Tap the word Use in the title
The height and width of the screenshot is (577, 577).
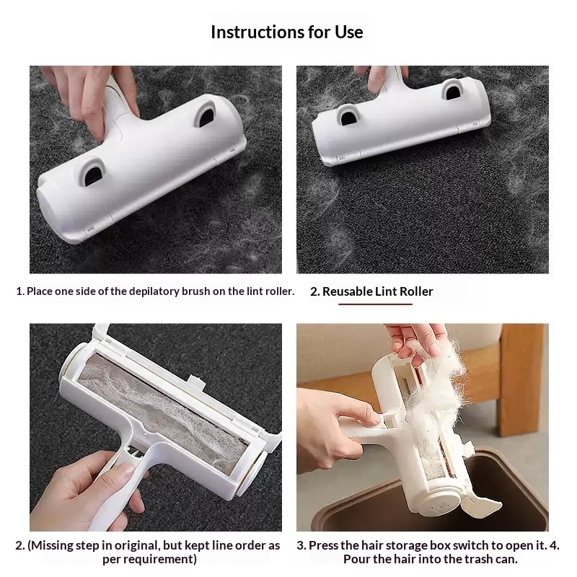coord(348,32)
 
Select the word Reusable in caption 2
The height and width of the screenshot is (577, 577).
coord(348,291)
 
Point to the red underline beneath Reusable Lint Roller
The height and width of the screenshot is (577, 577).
coord(375,304)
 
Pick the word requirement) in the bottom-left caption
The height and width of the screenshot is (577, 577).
coord(149,560)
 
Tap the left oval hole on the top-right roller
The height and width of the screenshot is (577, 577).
coord(348,115)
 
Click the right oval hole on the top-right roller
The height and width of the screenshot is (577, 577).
coord(452,90)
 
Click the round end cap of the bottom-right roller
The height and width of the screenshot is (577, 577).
coord(441,506)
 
